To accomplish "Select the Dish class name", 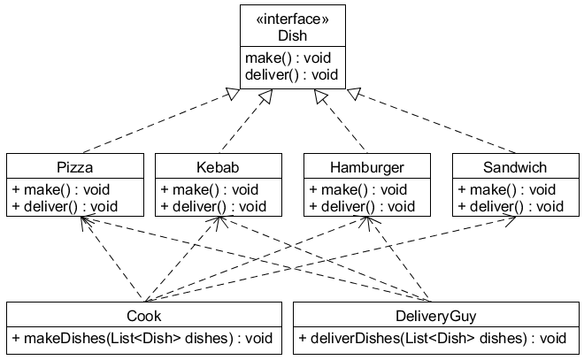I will pyautogui.click(x=292, y=36).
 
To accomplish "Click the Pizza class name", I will pyautogui.click(x=74, y=167).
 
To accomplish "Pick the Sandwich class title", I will pyautogui.click(x=515, y=167).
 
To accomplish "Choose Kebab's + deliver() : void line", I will pyautogui.click(x=212, y=206).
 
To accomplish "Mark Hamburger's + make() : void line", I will pyautogui.click(x=357, y=189).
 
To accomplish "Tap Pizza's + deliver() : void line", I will pyautogui.click(x=64, y=206).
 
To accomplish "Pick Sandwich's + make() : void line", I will pyautogui.click(x=506, y=189).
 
